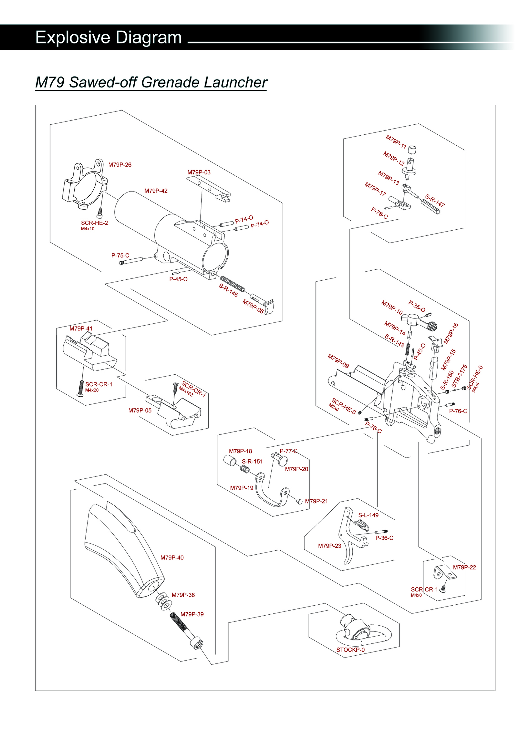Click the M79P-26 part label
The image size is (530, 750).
pos(120,165)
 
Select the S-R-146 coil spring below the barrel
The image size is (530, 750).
pos(232,284)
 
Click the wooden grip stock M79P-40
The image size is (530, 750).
pos(124,549)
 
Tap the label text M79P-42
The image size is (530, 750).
pos(156,191)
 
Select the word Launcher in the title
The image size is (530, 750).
pos(235,82)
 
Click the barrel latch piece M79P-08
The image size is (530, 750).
pos(265,304)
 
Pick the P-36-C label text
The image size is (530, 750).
pos(384,538)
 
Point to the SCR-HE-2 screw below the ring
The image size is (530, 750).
pos(100,213)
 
